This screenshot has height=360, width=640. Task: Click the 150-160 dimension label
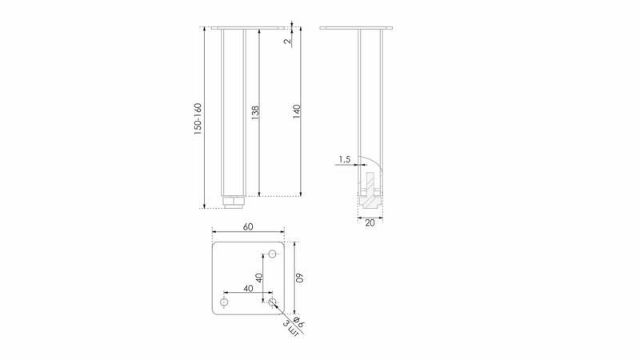click(198, 118)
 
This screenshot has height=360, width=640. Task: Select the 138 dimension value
click(255, 112)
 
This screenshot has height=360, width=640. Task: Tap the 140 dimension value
click(297, 111)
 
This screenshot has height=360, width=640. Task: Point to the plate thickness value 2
click(287, 41)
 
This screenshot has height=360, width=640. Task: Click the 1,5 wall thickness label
click(345, 159)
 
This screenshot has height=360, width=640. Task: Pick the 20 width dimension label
click(370, 223)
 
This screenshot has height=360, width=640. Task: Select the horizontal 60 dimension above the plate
click(248, 227)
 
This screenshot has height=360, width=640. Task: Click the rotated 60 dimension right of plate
click(300, 278)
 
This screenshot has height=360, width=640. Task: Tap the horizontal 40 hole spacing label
click(248, 288)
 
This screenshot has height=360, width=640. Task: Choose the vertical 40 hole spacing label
click(258, 278)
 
